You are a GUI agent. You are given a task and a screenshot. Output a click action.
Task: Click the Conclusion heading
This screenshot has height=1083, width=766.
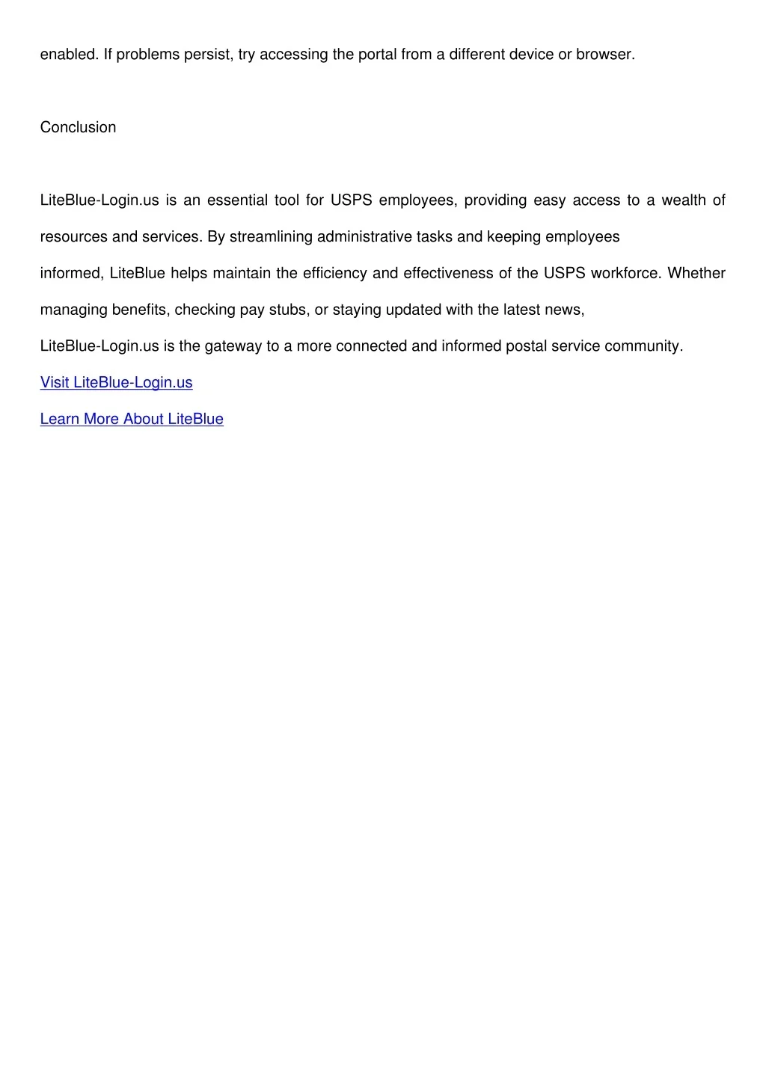point(78,127)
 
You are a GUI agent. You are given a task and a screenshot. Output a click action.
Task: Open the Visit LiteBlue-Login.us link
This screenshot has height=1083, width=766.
point(116,382)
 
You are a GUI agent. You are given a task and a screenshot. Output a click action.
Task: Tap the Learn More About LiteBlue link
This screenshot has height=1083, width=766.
point(132,419)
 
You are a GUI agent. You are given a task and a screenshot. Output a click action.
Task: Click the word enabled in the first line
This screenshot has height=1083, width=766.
point(68,55)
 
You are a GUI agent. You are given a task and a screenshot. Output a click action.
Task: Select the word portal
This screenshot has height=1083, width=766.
point(378,55)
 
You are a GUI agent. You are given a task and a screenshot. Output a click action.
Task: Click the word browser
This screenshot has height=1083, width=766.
point(604,55)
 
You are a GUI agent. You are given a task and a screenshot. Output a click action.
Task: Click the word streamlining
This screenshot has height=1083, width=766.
point(271,237)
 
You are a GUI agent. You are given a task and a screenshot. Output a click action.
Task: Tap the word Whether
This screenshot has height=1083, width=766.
point(696,273)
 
